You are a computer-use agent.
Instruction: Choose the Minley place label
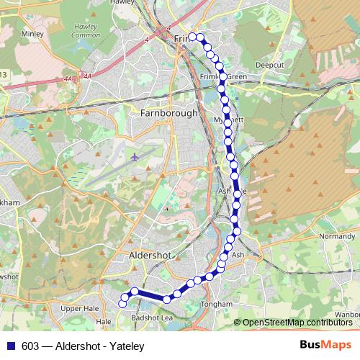coord(33,33)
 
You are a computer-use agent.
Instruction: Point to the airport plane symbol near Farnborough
coord(135,156)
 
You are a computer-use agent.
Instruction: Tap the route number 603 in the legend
coord(30,346)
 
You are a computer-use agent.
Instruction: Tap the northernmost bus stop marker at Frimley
coord(192,37)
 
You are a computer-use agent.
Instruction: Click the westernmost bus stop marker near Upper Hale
coord(123,297)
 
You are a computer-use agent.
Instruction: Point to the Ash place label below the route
coord(238,254)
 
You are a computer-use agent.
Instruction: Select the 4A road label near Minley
coord(87,75)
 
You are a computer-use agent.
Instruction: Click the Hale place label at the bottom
coord(104,321)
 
